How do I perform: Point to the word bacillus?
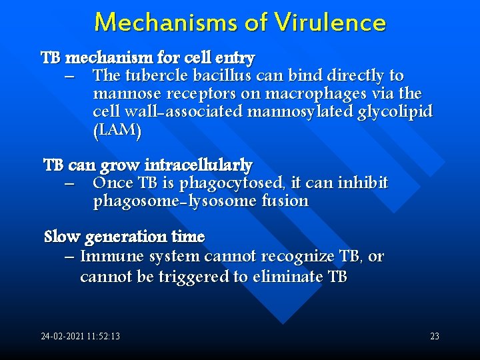[222, 76]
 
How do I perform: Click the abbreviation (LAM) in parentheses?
[117, 131]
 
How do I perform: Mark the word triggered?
[193, 277]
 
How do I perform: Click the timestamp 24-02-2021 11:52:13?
[81, 337]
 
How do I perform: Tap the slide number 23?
[434, 337]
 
